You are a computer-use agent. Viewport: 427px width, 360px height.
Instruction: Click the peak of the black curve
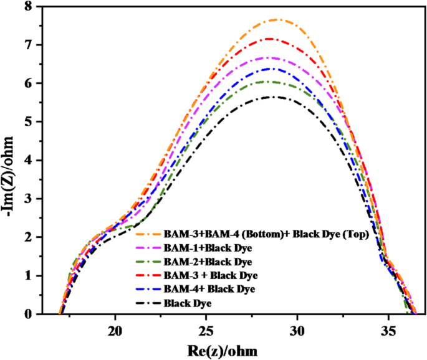pos(272,97)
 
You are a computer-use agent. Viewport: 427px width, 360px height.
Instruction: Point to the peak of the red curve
pos(270,39)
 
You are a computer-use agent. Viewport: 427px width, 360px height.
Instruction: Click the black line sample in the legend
pos(147,304)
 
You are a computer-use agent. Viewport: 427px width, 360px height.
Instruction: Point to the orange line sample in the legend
pos(147,235)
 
